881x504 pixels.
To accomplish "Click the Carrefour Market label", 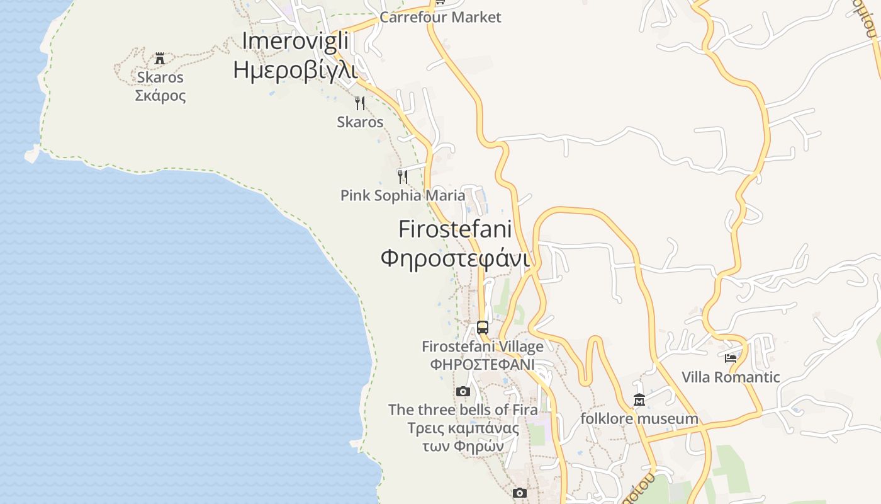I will coord(440,17).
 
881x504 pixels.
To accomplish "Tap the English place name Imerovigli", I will coord(295,41).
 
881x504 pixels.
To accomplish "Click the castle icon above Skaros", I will coord(160,59).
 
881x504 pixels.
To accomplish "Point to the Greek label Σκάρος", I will coord(160,96).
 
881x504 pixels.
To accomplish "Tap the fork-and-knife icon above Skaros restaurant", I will coord(360,103).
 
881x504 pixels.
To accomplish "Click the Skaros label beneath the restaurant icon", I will coord(360,122).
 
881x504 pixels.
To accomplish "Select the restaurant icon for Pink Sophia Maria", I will coord(403,176).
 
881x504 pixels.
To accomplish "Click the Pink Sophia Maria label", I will coord(403,195).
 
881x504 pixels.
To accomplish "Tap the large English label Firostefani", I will coord(455,229).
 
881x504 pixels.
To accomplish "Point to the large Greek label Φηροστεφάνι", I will coord(455,258).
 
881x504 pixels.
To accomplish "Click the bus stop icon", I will coord(483,328).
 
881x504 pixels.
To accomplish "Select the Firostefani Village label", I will coord(483,346).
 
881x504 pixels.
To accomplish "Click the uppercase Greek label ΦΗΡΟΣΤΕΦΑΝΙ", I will coord(483,364).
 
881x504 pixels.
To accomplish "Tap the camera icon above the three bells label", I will coord(463,392).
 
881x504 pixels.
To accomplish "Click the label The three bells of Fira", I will coord(463,409).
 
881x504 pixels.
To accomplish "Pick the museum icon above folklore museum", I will coord(639,399).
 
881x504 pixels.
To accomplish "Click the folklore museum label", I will coord(639,418).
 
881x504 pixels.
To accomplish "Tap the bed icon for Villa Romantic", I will coord(731,358).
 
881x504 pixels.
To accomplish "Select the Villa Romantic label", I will coord(731,377).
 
